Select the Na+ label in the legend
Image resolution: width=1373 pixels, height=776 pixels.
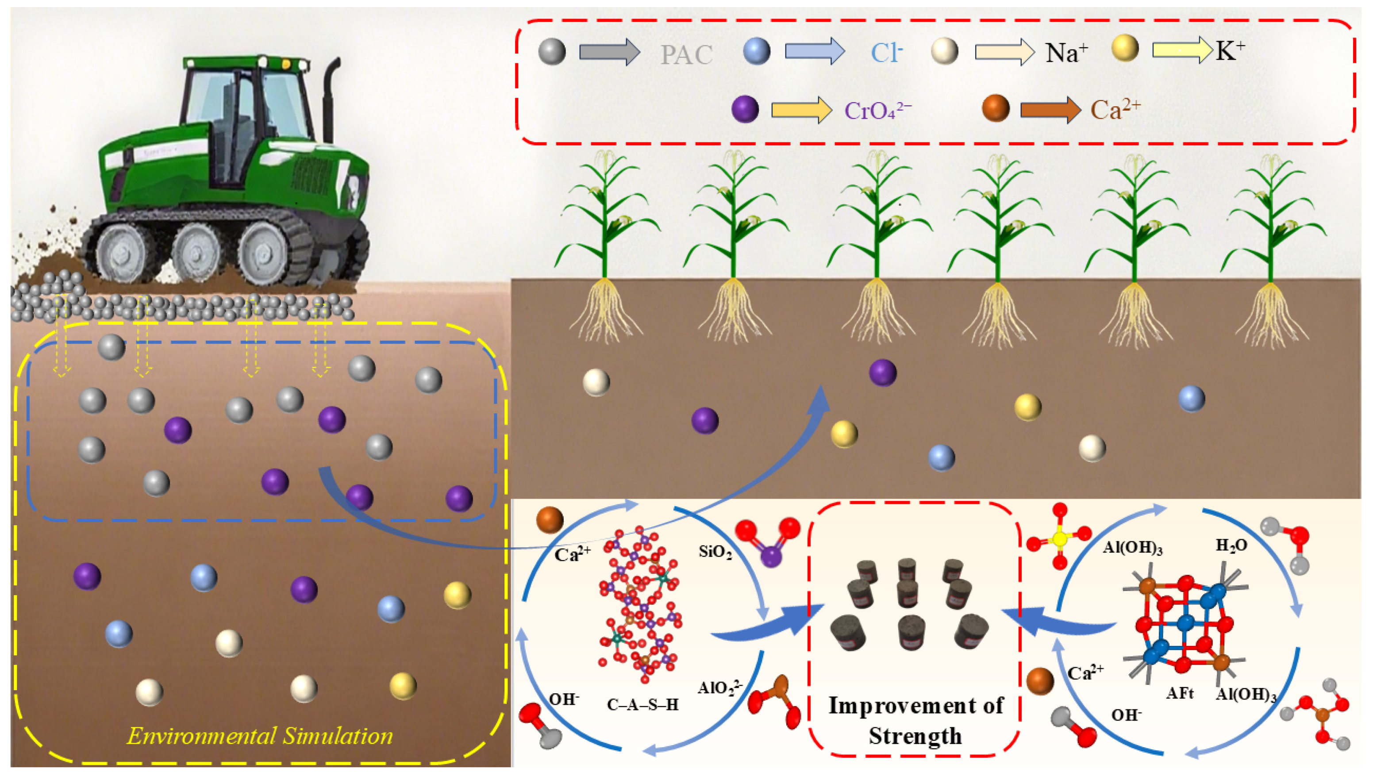coord(1066,53)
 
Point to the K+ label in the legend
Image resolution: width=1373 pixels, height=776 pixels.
coord(1230,52)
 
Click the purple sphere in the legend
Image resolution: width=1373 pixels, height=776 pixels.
coord(745,109)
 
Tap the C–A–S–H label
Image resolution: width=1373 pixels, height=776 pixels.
coord(643,705)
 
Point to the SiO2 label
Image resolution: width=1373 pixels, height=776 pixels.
coord(715,552)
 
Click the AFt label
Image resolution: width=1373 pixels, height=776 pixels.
coord(1180,693)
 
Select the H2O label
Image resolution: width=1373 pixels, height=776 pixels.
coord(1231,545)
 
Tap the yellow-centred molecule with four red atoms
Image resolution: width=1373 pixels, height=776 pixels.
coord(1060,538)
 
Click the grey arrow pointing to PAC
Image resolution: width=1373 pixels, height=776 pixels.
coord(609,52)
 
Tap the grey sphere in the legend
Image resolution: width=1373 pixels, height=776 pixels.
coord(552,52)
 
